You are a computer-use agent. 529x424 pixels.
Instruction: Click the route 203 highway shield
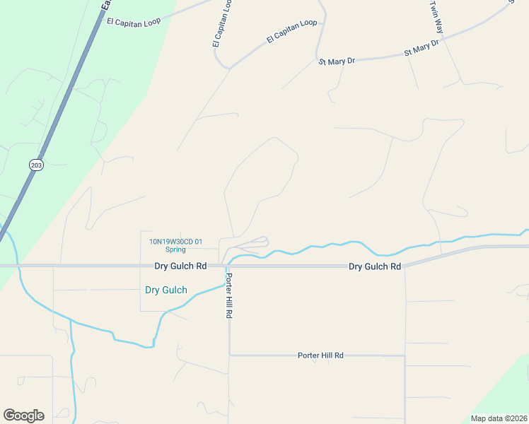coord(37,165)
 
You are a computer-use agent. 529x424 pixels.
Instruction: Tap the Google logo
coord(23,416)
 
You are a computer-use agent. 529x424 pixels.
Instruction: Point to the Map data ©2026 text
coord(499,418)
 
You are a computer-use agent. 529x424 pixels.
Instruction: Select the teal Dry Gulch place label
coord(165,290)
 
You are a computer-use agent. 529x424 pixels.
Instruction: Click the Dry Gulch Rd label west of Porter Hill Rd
coord(180,266)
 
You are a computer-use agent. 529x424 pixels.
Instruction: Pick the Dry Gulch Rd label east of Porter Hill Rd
coord(375,266)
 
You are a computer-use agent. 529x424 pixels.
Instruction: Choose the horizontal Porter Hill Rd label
coord(320,355)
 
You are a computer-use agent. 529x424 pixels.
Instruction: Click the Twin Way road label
coord(436,18)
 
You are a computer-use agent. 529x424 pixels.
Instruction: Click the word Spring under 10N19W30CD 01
coord(175,249)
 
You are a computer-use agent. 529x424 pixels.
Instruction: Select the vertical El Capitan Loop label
coord(222,23)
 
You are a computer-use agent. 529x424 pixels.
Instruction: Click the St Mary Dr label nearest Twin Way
coord(422,48)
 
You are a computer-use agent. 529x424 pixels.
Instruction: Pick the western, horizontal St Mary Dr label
coord(337,61)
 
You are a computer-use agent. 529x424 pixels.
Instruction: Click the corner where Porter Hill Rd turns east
coord(229,355)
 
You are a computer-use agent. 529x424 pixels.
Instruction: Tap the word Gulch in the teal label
coord(175,290)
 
